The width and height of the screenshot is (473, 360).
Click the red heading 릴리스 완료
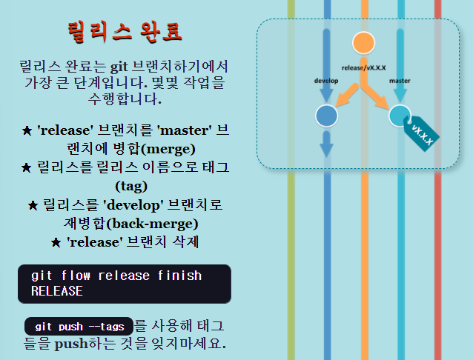(125, 32)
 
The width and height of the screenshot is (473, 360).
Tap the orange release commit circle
(363, 44)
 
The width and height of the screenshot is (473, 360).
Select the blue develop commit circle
(326, 116)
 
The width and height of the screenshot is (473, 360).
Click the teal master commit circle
(400, 116)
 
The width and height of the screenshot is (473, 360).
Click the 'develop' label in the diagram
(326, 79)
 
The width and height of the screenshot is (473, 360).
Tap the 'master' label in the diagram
(400, 79)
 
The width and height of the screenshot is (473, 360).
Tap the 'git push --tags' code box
(78, 326)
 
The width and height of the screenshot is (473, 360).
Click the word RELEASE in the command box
(56, 291)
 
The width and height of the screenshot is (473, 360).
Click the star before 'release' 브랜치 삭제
(56, 243)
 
